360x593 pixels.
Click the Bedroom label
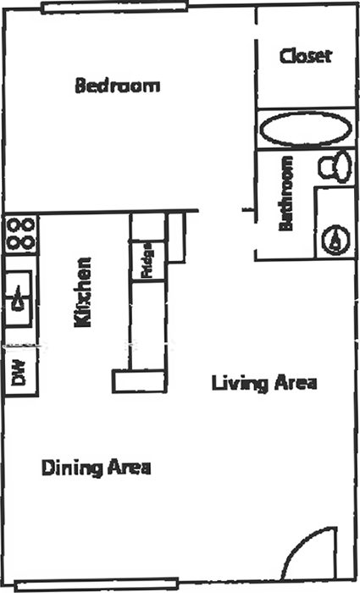pos(118,85)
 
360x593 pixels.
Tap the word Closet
pos(306,56)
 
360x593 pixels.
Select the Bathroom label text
pos(286,193)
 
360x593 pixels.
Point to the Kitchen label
pos(83,292)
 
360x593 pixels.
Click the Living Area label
pos(264,383)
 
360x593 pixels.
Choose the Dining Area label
pos(96,468)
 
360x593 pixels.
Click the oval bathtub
pos(306,129)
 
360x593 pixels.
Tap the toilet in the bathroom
pos(335,166)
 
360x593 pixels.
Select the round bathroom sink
pos(335,240)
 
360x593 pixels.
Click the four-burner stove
pos(21,235)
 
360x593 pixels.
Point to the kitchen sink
pos(18,299)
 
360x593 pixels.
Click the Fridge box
pos(148,261)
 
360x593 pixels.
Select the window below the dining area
pos(97,585)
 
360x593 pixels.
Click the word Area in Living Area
pos(296,383)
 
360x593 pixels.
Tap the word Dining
pos(72,468)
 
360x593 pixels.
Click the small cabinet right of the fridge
pos(176,237)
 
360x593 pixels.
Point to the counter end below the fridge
pos(139,381)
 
